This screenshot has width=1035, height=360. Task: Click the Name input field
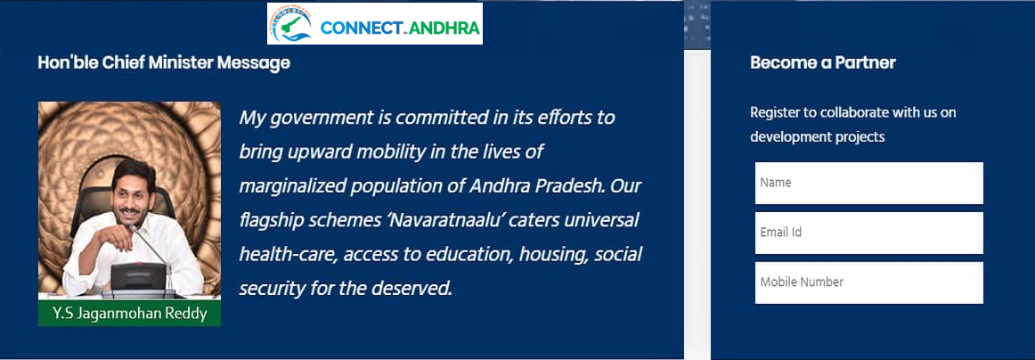pos(868,183)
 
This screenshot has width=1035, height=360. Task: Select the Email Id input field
pos(868,233)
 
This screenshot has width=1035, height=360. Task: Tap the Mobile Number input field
pos(868,282)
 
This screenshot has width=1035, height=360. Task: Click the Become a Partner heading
pos(822,62)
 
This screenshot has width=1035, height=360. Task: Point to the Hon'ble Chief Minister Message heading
pos(164,62)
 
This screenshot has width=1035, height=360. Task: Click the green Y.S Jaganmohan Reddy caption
pos(129,313)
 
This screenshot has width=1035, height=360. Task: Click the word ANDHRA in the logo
pos(444,29)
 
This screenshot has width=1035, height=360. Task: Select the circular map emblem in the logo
pos(289,24)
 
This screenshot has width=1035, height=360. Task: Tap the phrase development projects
pos(817,137)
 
